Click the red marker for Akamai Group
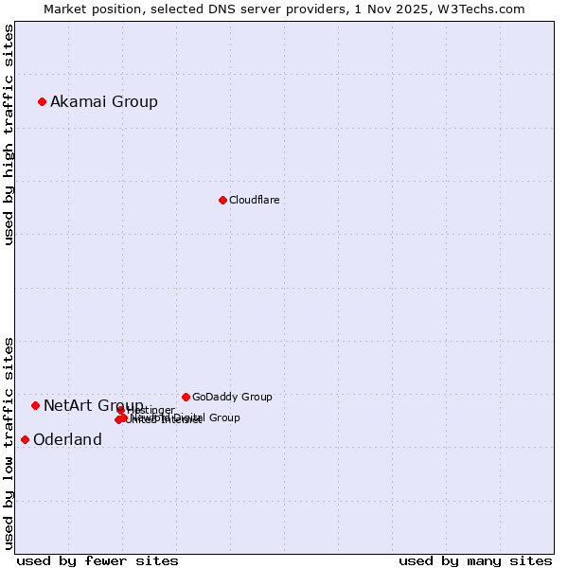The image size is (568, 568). (42, 101)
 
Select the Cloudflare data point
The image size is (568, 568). (222, 200)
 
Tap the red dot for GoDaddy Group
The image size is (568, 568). (186, 397)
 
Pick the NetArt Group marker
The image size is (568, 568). (35, 405)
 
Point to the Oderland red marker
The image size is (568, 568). (25, 439)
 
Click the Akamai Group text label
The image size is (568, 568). (104, 101)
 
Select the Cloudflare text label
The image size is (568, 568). (254, 200)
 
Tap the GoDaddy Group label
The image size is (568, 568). (232, 397)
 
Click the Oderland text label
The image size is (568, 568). (67, 439)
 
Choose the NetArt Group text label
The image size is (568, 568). (93, 405)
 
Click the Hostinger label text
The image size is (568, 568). (151, 410)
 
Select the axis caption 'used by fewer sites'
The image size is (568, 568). (98, 561)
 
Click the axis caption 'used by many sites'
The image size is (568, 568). (475, 561)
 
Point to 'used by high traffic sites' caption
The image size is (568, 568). (9, 133)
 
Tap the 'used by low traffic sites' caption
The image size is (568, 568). (9, 443)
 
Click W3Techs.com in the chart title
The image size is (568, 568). (485, 9)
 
